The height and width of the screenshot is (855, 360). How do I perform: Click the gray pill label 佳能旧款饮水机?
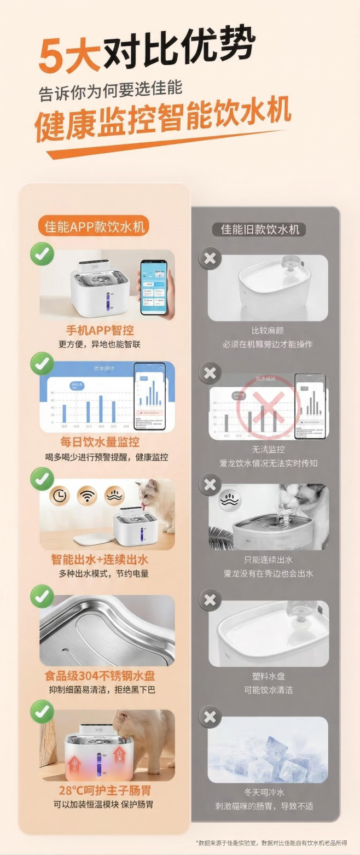260,229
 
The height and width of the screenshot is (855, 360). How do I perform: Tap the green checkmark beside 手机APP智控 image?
42,255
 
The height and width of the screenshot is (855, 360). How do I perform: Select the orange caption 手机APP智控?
100,330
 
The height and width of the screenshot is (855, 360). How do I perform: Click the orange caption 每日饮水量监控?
100,442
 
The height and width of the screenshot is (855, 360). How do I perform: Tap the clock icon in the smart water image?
61,495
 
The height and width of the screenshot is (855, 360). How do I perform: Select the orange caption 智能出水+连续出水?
100,560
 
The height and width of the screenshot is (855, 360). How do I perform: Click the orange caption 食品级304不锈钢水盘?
100,676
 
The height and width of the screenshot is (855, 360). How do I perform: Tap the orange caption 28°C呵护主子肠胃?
105,790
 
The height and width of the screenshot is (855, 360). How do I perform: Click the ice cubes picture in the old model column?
268,749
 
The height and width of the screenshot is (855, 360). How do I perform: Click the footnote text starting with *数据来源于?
271,843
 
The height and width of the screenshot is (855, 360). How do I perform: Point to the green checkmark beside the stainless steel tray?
42,597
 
